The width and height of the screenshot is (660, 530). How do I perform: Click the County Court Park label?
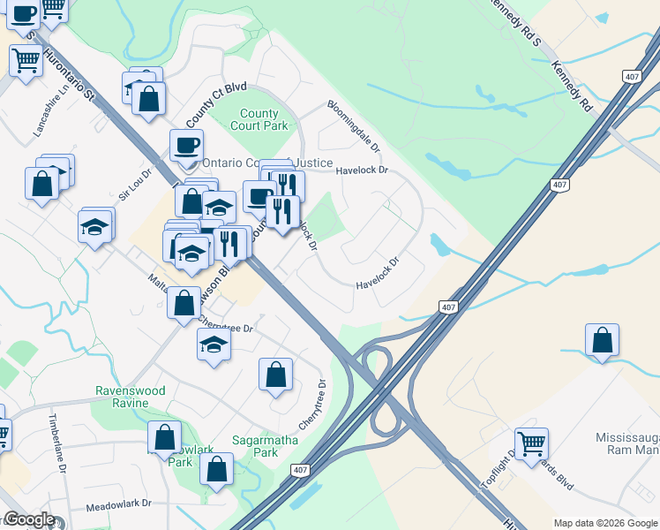click(x=259, y=120)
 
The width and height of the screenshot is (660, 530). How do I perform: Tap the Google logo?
click(x=29, y=519)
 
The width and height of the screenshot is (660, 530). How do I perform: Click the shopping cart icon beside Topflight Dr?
click(x=531, y=444)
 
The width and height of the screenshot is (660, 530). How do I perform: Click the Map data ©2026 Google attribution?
click(x=604, y=523)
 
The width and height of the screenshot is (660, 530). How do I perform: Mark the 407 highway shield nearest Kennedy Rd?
click(x=632, y=77)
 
